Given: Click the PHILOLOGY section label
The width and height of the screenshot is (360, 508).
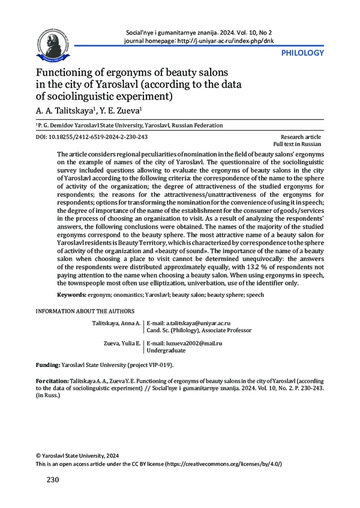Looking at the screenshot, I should coord(302,53).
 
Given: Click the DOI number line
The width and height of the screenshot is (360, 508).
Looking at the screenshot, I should coord(91,137).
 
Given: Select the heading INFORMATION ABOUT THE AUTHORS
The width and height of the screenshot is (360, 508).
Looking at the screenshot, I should coord(85,311).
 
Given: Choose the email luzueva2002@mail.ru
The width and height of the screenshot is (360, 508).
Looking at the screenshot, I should coord(180,342).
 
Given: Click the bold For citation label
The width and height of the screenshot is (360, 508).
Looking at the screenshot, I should coord(52,380).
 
